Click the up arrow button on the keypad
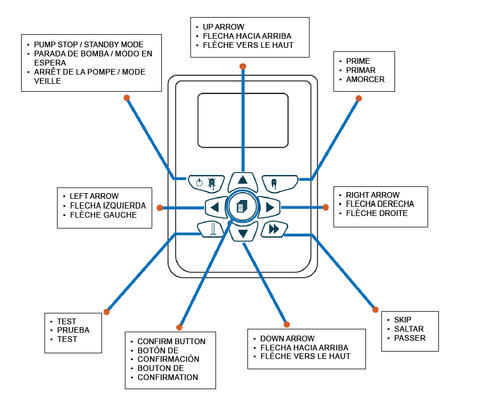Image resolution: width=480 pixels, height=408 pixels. [x=243, y=181]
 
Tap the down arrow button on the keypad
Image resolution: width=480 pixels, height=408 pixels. [x=243, y=232]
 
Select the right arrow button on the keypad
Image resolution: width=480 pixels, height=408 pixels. [x=269, y=207]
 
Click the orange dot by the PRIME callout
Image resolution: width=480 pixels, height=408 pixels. [x=359, y=99]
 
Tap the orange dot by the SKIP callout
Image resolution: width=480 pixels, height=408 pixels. [x=375, y=309]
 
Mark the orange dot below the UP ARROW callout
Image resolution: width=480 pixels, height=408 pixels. [x=243, y=67]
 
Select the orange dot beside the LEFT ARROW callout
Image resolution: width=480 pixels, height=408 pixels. [x=160, y=207]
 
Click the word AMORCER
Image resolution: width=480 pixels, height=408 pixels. [x=365, y=79]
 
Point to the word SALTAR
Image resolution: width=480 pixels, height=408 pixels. [x=409, y=329]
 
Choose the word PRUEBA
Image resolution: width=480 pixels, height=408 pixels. [x=73, y=330]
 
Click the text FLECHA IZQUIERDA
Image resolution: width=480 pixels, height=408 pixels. [x=108, y=206]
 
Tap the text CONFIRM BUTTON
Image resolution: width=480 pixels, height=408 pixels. [x=172, y=341]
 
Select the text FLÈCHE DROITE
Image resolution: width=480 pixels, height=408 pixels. [x=377, y=213]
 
